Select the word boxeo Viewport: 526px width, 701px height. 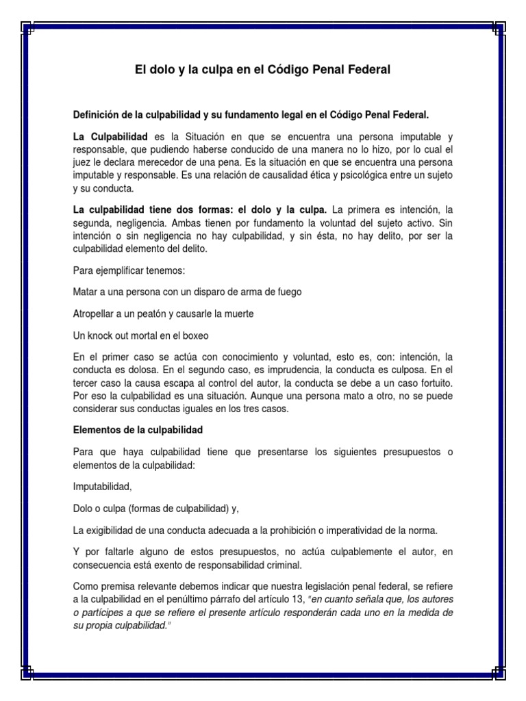[212, 335]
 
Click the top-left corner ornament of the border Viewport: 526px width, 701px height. [29, 29]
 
